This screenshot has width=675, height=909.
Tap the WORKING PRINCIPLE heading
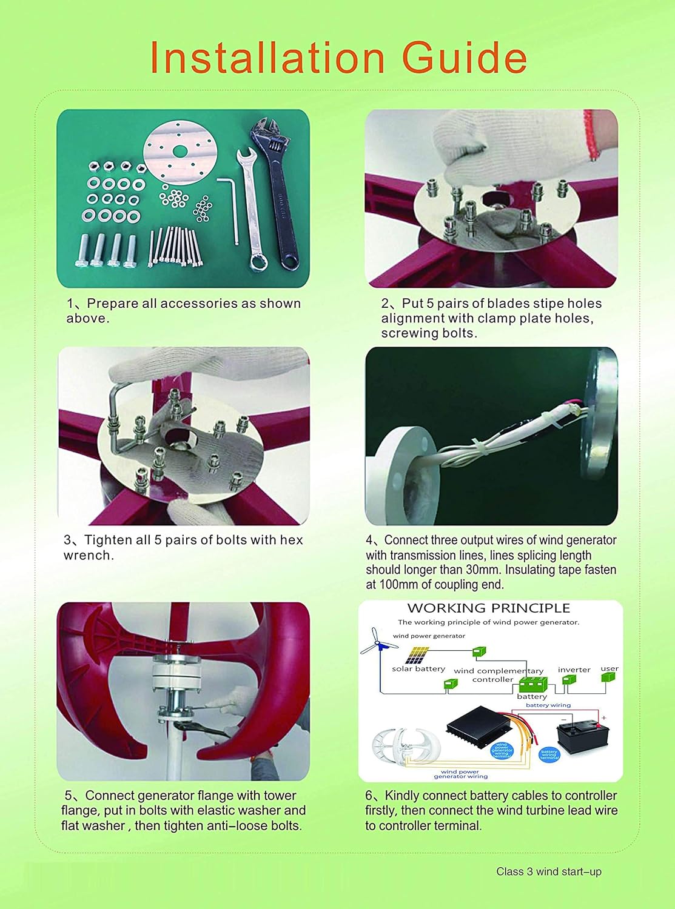click(x=488, y=608)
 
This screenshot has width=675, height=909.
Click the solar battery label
click(x=418, y=669)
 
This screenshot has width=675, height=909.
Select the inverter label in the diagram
click(x=574, y=670)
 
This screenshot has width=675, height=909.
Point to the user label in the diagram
click(x=609, y=669)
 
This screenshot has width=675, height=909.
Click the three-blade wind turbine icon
click(x=376, y=642)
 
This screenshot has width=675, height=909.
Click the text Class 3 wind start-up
click(x=548, y=871)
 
